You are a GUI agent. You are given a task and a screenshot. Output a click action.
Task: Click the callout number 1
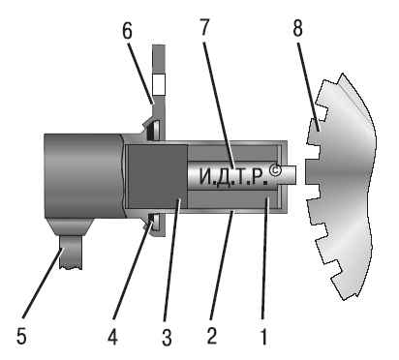263,337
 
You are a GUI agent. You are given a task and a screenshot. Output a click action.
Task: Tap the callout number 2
211,336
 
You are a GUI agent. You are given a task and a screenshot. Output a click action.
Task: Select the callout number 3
167,338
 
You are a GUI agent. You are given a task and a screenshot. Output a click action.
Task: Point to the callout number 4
112,337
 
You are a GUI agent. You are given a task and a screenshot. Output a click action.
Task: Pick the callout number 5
21,337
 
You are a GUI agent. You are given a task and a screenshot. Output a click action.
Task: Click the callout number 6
127,31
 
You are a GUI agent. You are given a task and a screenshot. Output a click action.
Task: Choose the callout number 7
204,27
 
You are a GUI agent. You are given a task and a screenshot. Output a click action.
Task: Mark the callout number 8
297,27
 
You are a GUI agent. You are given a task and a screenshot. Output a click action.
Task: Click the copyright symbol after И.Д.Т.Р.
275,170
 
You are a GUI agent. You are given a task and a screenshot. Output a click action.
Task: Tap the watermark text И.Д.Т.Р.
233,177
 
